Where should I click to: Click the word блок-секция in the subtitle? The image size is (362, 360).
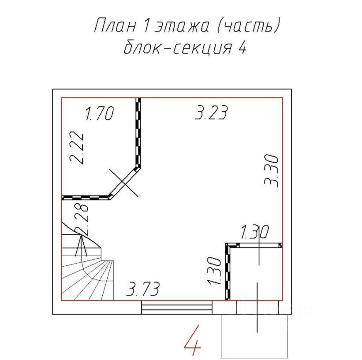click(178, 47)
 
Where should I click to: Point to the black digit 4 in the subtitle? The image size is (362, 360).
click(242, 48)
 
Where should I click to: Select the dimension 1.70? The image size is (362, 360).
click(100, 113)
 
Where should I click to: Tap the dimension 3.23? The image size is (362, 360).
click(212, 112)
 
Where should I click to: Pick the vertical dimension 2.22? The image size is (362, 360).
click(76, 148)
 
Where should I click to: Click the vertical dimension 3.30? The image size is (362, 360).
click(272, 171)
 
